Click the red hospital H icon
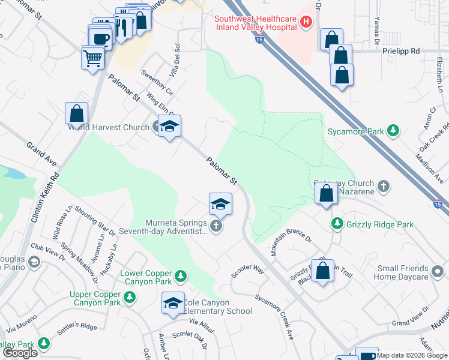(x=306, y=23)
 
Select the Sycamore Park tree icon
(x=393, y=130)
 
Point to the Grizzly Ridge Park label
(x=380, y=224)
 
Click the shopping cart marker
(x=93, y=58)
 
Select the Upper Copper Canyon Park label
(x=95, y=298)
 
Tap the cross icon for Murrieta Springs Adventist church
(x=216, y=226)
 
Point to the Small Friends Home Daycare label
(x=402, y=272)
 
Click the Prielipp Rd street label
(x=400, y=52)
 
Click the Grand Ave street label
(x=41, y=154)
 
